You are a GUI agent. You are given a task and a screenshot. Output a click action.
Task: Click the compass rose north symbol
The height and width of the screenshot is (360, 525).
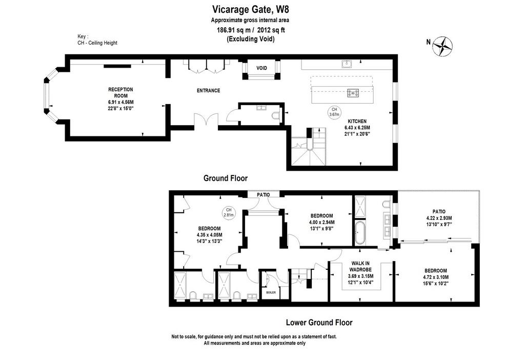tap(442, 46)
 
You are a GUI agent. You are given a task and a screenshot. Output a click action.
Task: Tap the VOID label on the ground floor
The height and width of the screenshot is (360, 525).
tap(262, 68)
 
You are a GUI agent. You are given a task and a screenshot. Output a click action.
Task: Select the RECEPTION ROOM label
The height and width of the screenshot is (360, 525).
tap(120, 92)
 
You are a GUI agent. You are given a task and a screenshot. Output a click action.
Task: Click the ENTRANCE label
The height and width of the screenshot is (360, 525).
tap(208, 90)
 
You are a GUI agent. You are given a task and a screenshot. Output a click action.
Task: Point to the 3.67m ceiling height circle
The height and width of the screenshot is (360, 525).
tap(334, 112)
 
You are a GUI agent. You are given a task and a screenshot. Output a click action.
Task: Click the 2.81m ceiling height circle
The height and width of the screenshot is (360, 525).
tap(229, 212)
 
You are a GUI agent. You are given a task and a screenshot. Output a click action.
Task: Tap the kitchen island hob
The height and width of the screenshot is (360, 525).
tap(353, 93)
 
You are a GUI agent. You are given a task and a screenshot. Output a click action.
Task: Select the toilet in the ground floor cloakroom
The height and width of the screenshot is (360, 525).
tap(276, 115)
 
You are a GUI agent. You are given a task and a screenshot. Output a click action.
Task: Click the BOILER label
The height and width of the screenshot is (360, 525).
tap(271, 292)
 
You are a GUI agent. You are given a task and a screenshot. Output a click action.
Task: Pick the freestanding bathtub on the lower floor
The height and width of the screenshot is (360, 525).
tap(360, 232)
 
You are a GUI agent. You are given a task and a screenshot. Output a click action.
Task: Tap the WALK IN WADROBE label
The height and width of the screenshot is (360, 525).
tap(360, 267)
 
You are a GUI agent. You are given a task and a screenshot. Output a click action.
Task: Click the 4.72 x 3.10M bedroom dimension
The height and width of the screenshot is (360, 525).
tap(436, 277)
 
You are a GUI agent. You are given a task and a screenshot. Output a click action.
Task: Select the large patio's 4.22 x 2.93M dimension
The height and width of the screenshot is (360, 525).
tap(439, 218)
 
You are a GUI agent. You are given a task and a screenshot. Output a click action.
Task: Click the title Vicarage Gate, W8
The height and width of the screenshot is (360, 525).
tap(250, 9)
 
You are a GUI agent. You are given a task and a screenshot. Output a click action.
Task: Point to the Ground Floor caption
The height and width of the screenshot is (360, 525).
tap(226, 178)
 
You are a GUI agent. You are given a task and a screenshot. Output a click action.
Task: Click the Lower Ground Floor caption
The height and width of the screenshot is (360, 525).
tap(319, 323)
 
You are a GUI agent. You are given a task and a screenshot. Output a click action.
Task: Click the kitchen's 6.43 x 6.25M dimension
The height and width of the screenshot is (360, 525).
tap(357, 128)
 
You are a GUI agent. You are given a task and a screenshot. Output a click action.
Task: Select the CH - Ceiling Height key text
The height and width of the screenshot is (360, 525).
tap(97, 43)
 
